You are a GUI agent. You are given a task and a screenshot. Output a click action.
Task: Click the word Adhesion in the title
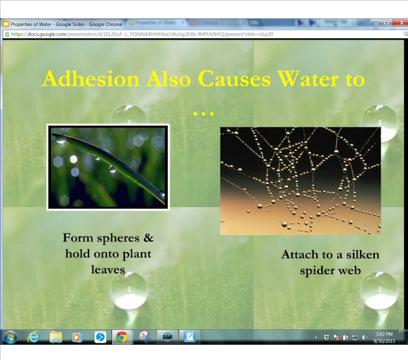[x=90, y=80]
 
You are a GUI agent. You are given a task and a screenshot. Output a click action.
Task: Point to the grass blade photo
[x=107, y=167]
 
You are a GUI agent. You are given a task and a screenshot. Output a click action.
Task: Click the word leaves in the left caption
[x=108, y=268]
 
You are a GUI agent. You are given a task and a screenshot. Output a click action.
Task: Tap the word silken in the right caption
[x=361, y=255]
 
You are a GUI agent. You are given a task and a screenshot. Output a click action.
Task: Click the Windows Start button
[x=11, y=337]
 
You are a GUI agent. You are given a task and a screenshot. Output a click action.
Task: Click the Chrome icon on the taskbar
[x=121, y=337]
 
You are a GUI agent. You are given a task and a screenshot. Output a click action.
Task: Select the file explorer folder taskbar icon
[x=55, y=337]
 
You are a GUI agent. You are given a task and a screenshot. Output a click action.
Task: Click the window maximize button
[x=386, y=23]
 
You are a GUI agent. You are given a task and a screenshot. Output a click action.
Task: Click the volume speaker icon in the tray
[x=364, y=337]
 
